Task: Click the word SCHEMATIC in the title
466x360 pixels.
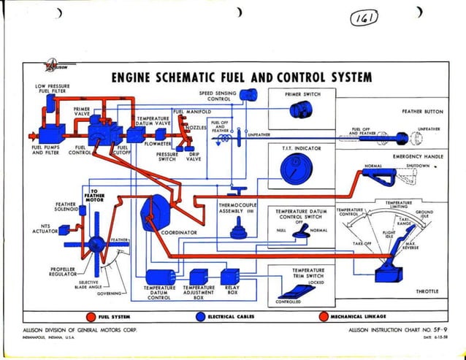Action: coord(193,77)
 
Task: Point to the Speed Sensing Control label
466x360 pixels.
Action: coord(218,96)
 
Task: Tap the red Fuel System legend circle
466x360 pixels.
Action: coord(89,316)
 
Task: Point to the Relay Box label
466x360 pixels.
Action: coord(232,291)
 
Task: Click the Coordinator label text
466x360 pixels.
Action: coord(179,233)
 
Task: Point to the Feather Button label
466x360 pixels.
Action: coord(423,112)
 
